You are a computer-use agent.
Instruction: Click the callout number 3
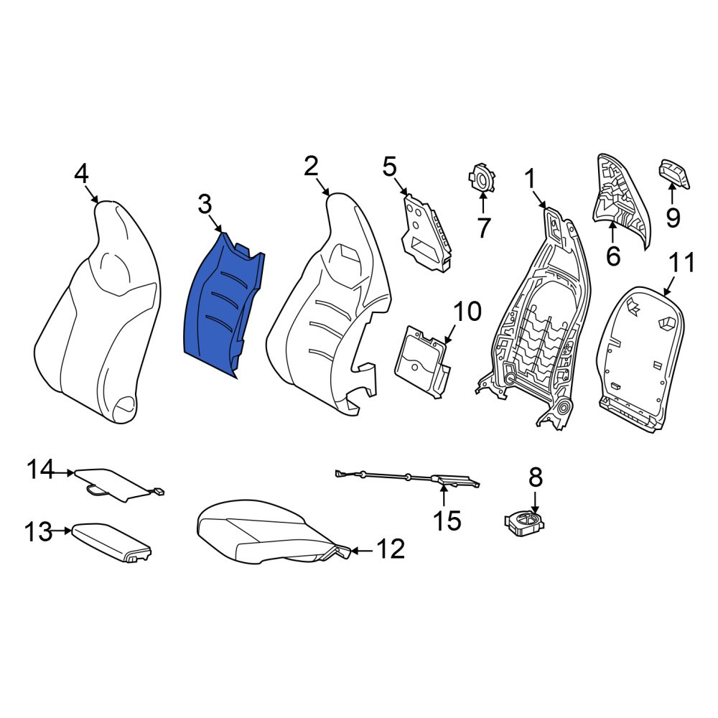tap(205, 204)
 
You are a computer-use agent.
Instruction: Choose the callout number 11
tap(682, 264)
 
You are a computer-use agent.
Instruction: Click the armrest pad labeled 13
tap(111, 543)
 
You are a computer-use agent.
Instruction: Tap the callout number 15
tap(447, 521)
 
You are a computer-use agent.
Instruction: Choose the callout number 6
tap(613, 256)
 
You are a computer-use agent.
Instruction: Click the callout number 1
tap(531, 179)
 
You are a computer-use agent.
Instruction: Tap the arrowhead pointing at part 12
tap(353, 551)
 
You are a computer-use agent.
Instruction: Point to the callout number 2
tap(311, 167)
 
